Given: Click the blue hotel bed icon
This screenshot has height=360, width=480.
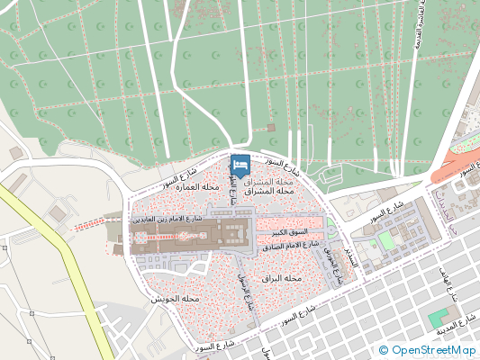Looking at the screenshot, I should coord(240,166).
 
